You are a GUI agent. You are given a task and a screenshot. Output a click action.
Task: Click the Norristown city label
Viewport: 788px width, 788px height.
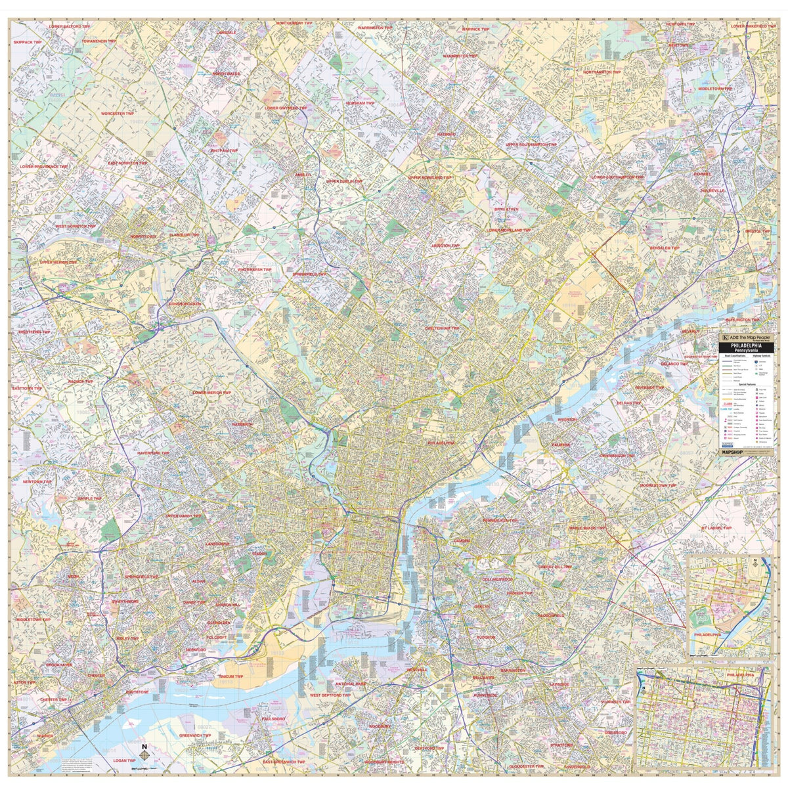(143, 236)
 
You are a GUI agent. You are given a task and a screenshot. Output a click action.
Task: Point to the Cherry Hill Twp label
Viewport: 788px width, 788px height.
(555, 566)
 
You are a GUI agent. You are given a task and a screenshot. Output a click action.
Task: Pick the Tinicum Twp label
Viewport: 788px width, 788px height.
(230, 676)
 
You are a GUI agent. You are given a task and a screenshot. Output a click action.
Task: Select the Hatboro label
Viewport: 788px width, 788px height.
(446, 134)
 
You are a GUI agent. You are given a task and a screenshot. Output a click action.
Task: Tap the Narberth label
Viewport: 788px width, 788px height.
(242, 424)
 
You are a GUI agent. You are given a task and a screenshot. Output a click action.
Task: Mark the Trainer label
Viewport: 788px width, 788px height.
(45, 736)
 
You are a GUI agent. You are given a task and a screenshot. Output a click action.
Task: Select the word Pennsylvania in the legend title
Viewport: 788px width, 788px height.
(746, 351)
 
